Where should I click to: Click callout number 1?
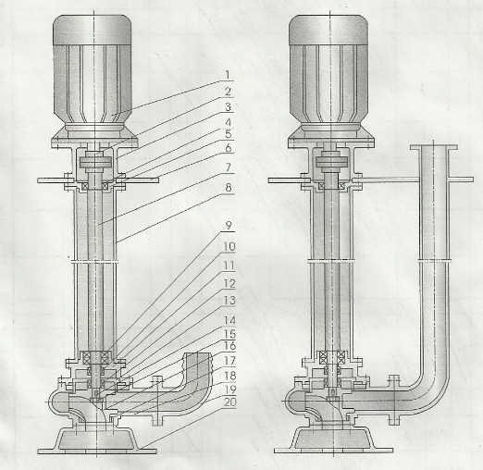pos(228,75)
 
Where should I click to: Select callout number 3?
pos(228,107)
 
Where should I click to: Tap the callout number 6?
pos(229,148)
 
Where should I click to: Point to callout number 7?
pos(229,167)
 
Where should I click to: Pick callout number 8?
pos(229,188)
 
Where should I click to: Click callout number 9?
pos(229,226)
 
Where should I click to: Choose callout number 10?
pos(229,246)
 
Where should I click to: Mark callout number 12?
pos(229,283)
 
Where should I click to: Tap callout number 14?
pos(229,321)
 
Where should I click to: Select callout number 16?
pos(229,346)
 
